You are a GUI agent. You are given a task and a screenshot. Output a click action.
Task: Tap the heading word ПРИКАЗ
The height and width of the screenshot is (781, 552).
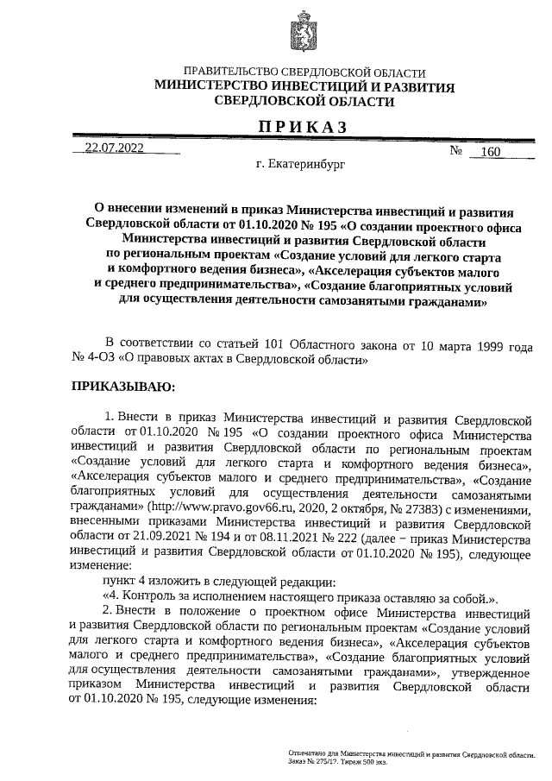click(304, 127)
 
